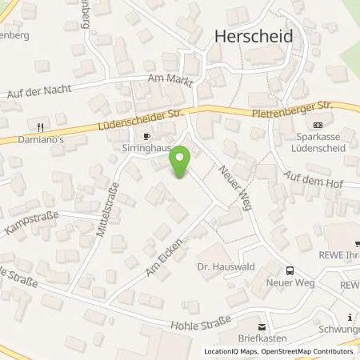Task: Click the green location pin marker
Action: click(181, 163)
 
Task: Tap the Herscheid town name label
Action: click(254, 36)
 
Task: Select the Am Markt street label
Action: click(166, 79)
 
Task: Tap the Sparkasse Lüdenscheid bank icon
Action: click(318, 125)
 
